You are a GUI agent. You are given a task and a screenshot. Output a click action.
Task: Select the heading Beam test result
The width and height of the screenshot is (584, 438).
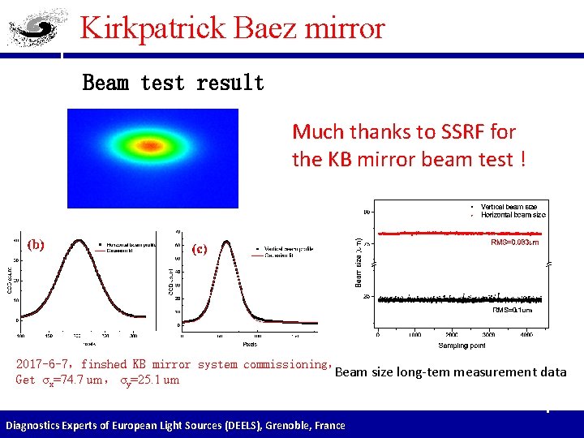coord(173,83)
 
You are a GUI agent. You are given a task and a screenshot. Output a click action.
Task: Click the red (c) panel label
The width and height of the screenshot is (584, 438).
coord(200,249)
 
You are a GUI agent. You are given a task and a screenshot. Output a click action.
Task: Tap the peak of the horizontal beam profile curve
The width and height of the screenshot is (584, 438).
coord(79,240)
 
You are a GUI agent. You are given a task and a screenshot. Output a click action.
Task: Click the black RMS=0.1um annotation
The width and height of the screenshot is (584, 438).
coord(513,309)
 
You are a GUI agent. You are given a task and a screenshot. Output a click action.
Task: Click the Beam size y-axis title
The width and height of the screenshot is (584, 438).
coord(359,259)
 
